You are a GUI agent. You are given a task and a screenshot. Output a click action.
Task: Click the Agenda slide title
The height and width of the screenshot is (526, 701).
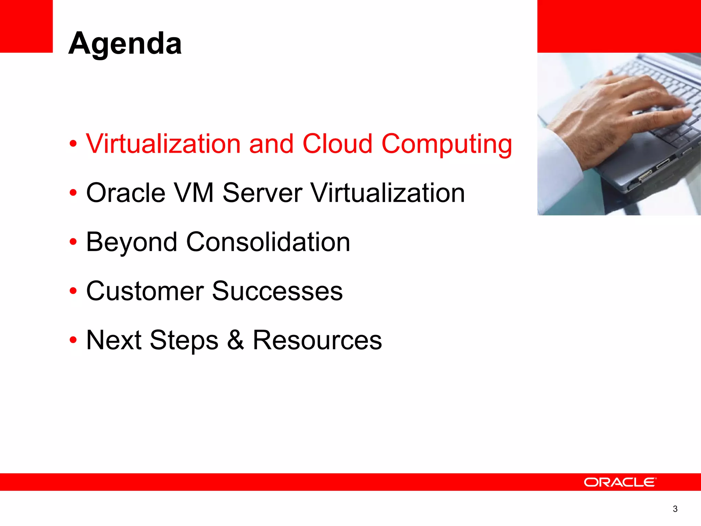point(125,43)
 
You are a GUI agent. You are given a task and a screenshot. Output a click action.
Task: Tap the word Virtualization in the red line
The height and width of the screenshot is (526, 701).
point(163,144)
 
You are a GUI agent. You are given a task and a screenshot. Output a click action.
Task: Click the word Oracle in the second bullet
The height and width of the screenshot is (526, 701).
point(126,193)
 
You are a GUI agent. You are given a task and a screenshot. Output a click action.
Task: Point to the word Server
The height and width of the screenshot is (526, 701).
point(262,193)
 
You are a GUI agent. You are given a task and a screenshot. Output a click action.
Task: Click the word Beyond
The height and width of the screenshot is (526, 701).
point(131,242)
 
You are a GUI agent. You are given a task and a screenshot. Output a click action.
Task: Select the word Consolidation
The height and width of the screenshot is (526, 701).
point(268,242)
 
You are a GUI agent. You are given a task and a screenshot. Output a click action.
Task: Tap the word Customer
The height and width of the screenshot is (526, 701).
point(145,291)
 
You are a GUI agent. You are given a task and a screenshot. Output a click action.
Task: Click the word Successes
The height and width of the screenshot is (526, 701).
point(277,291)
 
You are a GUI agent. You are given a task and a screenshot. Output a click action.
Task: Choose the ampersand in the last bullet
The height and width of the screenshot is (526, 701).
point(236,340)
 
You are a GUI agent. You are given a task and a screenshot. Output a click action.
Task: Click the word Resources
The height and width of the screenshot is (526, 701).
point(317,340)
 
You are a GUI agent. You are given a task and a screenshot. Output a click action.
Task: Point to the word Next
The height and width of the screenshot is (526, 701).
point(114,340)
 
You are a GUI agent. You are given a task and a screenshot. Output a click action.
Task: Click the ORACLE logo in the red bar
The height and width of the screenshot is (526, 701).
point(620,482)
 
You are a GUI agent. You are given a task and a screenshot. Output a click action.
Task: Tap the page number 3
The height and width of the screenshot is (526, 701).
point(675,509)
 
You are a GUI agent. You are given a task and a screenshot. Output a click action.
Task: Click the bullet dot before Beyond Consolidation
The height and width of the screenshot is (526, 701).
point(73,242)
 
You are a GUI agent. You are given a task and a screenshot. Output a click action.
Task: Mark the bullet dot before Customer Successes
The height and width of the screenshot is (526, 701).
point(73,291)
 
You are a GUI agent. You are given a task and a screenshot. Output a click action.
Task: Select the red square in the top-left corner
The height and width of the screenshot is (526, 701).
point(26,26)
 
